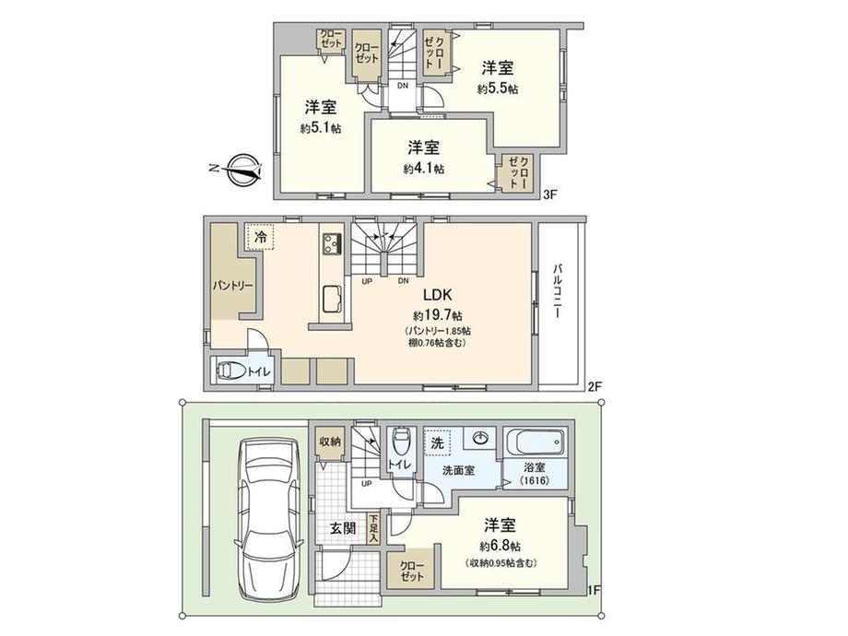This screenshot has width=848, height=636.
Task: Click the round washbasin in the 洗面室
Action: [x=479, y=438]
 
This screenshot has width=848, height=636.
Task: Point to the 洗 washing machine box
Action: [x=438, y=443]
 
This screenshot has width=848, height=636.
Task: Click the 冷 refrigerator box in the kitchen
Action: [x=261, y=237]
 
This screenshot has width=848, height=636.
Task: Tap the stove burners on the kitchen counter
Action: [x=332, y=242]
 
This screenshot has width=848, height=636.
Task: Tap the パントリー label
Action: [x=232, y=286]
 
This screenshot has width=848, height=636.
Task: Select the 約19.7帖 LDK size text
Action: [x=438, y=315]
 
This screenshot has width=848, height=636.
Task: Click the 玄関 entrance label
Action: [x=343, y=528]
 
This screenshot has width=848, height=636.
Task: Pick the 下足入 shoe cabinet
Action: [x=373, y=528]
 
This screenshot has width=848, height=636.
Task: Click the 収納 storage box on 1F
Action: [x=329, y=442]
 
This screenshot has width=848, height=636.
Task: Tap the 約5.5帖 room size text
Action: [x=498, y=88]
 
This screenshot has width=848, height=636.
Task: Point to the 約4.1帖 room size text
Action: [x=424, y=169]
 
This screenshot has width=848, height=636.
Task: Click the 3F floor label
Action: [x=550, y=195]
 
